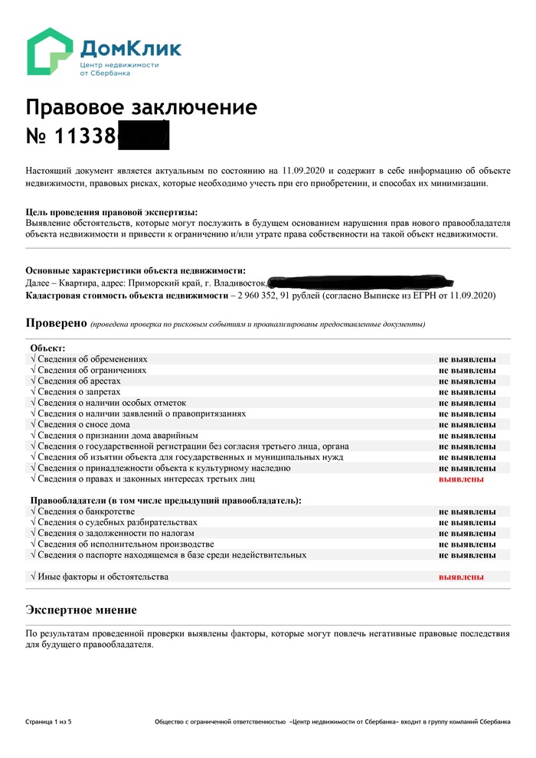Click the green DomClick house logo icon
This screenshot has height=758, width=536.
point(51,52)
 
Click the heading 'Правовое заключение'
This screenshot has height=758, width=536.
point(141,106)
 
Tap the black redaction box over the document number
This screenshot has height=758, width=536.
point(142,136)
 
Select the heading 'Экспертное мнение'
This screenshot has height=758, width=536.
point(81,609)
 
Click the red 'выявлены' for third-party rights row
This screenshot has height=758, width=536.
point(460,479)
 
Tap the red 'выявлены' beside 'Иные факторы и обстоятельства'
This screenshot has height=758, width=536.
point(460,577)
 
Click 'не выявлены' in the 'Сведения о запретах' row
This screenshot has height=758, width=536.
point(466,392)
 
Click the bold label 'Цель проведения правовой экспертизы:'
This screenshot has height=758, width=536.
point(112,212)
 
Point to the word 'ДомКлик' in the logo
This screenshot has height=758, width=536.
point(130,49)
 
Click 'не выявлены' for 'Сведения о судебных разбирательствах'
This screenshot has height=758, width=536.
point(466,522)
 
